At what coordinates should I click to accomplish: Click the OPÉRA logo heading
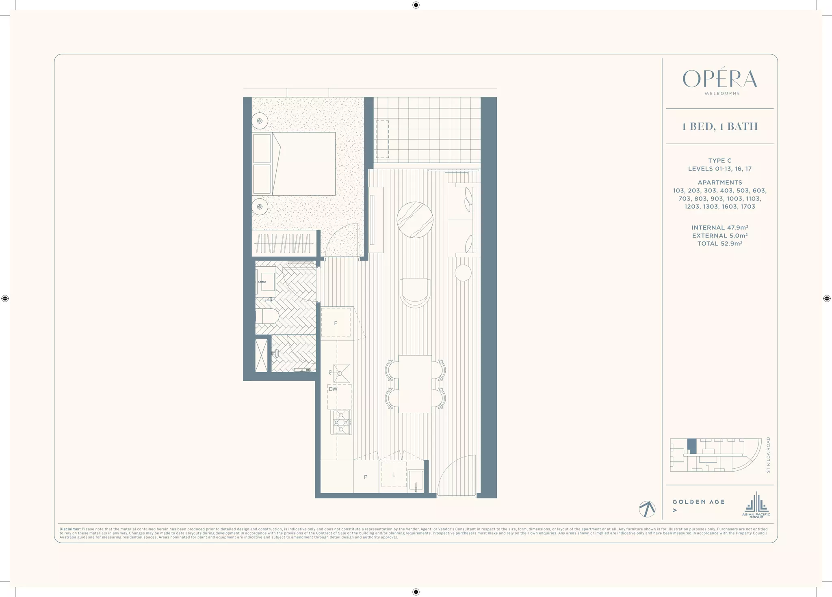point(719,79)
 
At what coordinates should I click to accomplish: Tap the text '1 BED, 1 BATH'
point(719,126)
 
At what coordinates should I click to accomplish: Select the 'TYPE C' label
point(719,161)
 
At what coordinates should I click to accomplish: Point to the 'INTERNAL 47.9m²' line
point(719,228)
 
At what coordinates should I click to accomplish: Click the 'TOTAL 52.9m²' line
point(719,244)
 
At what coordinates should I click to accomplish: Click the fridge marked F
point(336,323)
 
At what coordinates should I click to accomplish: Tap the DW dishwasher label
point(333,389)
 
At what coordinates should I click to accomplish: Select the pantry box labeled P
point(366,477)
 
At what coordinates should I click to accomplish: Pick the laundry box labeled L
point(393,474)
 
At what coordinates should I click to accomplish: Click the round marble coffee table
point(415,220)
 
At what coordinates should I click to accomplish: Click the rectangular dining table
point(415,384)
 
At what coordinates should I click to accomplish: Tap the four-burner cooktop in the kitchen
point(341,422)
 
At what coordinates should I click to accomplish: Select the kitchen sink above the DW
point(341,373)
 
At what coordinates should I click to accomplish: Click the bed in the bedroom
point(303,164)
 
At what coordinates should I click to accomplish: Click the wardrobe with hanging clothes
point(284,244)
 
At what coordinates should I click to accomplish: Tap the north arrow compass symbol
point(647,509)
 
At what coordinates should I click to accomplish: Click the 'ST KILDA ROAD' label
point(768,455)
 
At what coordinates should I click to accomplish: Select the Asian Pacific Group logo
point(756,505)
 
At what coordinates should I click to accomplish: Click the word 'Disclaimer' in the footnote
point(69,529)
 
